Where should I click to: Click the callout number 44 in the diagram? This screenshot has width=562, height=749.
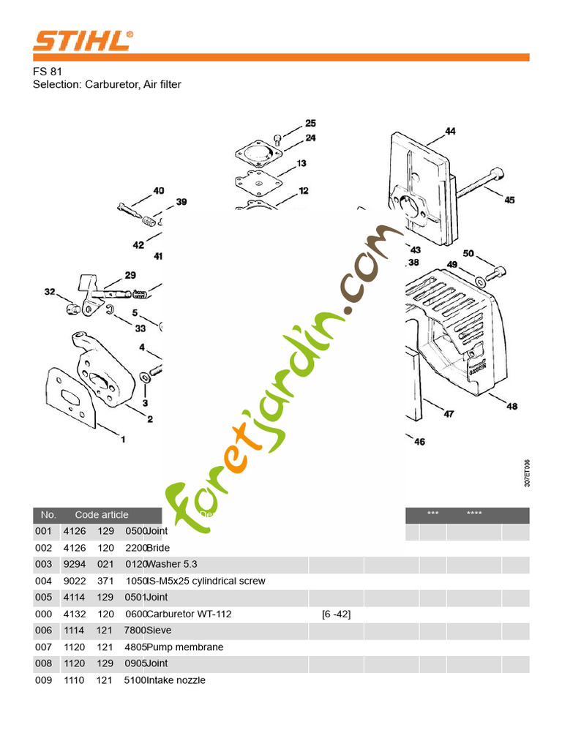[449, 132]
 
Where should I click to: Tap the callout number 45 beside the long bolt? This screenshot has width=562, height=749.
[509, 200]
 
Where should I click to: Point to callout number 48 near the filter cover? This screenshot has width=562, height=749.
[512, 406]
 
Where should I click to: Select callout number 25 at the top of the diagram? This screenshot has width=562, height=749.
[310, 124]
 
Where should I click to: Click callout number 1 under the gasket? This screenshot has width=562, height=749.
[123, 440]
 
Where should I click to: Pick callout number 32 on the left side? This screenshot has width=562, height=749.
[50, 292]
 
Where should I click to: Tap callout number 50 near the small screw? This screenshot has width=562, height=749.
[468, 254]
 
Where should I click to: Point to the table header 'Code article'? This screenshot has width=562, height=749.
[102, 515]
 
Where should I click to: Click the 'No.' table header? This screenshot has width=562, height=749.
[48, 515]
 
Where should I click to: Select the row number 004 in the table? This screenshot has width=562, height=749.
[44, 581]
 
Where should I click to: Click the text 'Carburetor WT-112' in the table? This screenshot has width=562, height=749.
[190, 614]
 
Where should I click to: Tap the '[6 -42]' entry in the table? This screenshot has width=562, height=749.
[336, 614]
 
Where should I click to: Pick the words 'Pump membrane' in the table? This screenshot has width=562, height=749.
[185, 647]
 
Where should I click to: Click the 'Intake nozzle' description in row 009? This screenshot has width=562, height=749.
[176, 680]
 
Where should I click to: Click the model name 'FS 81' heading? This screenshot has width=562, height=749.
[48, 72]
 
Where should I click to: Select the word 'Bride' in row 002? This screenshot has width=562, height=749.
[160, 548]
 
